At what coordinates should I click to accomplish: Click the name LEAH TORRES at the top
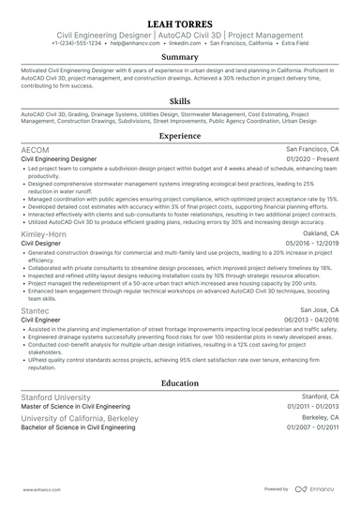click(x=179, y=22)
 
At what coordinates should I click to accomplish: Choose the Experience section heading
click(x=179, y=136)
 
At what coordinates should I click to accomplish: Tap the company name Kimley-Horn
click(x=45, y=232)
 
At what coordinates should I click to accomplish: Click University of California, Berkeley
click(x=80, y=417)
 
